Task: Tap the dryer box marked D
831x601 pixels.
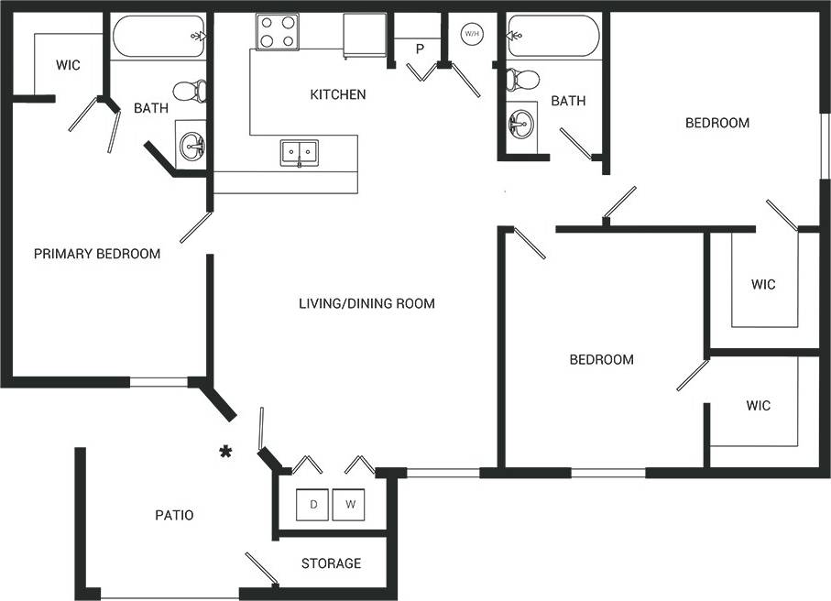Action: [x=313, y=505]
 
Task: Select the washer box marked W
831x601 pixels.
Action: [x=348, y=505]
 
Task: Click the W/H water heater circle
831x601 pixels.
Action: [x=472, y=34]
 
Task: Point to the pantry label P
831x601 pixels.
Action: [x=421, y=49]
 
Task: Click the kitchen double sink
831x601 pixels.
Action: [x=299, y=152]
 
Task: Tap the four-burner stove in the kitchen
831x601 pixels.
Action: [x=278, y=32]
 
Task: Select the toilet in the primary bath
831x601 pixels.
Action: [x=191, y=91]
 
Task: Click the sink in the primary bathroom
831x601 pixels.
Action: [x=192, y=145]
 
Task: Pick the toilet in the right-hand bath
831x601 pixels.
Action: [x=523, y=79]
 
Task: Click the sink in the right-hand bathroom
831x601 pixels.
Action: [x=521, y=124]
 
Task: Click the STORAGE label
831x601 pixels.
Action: [x=331, y=563]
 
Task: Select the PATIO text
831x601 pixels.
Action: [x=174, y=515]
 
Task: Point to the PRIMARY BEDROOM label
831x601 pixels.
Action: [x=97, y=254]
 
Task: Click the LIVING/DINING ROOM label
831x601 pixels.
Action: [x=366, y=303]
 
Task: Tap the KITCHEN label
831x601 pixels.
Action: [x=338, y=94]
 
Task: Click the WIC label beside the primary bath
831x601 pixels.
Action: [x=68, y=65]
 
